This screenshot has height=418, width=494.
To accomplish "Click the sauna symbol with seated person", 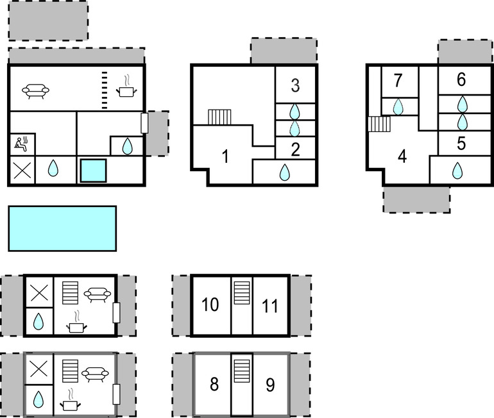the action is tap(21, 144).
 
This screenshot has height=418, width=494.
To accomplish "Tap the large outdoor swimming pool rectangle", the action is tap(62, 228).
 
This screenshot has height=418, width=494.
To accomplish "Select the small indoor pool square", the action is tap(93, 171).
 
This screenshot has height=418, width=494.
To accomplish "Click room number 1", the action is tap(225, 156).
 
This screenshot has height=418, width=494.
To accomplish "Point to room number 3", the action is tap(295, 85).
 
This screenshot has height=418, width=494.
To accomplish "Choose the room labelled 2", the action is tap(295, 150).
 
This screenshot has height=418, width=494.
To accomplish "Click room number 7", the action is tap(398, 80).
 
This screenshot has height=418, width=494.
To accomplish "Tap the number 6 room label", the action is tap(461, 79).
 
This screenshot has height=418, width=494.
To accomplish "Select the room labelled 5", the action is tap(461, 144).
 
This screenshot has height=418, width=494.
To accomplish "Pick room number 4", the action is tap(402, 156).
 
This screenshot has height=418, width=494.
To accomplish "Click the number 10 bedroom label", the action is tap(210, 305).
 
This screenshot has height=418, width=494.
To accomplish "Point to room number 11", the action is tap(270, 306).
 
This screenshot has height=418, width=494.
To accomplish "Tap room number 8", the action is tap(214, 384).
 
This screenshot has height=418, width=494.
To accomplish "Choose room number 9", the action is tap(270, 385).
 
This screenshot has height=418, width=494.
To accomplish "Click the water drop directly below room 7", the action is tap(398, 106).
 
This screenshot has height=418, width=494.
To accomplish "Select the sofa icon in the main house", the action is tap(35, 91).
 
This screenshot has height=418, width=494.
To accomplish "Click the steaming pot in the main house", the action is tap(126, 87).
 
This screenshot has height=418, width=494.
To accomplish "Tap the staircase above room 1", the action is tap(219, 117).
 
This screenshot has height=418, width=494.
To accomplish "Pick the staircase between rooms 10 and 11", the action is tap(242, 293).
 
